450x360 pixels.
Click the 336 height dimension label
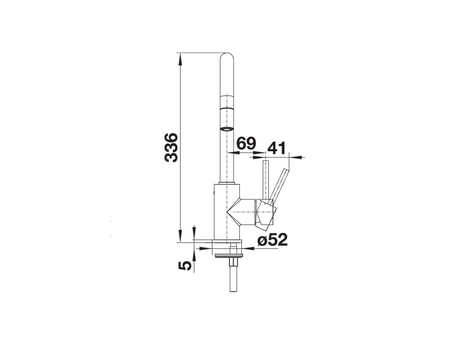pos(171,147)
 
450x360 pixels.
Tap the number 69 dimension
pos(246,143)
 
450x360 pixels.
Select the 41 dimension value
pos(277,148)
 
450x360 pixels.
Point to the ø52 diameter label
pos(272,239)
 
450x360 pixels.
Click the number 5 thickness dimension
pos(185,265)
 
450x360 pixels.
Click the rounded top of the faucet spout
pos(227,57)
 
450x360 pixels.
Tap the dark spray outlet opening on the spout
pos(227,129)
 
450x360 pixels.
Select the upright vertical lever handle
pos(266,180)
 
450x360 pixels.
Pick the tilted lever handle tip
pos(285,171)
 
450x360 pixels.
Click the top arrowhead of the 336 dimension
pos(180,59)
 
